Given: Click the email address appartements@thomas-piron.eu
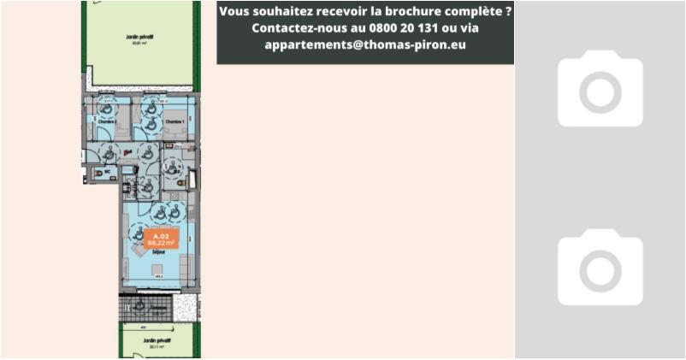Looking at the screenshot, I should pyautogui.click(x=365, y=44).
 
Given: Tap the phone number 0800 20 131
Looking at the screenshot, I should pyautogui.click(x=396, y=28).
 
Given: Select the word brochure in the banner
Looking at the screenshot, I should pyautogui.click(x=419, y=12).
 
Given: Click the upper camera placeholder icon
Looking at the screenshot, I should pyautogui.click(x=600, y=89).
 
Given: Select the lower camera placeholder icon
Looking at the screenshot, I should pyautogui.click(x=600, y=267).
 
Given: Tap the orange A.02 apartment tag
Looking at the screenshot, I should pyautogui.click(x=161, y=234).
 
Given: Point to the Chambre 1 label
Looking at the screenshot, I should pyautogui.click(x=174, y=122).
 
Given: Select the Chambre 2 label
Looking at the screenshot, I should pyautogui.click(x=108, y=122).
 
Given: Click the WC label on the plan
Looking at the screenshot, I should pyautogui.click(x=108, y=173).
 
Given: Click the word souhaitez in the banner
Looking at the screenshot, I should pyautogui.click(x=282, y=12).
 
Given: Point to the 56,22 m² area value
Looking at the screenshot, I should pyautogui.click(x=161, y=243).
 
